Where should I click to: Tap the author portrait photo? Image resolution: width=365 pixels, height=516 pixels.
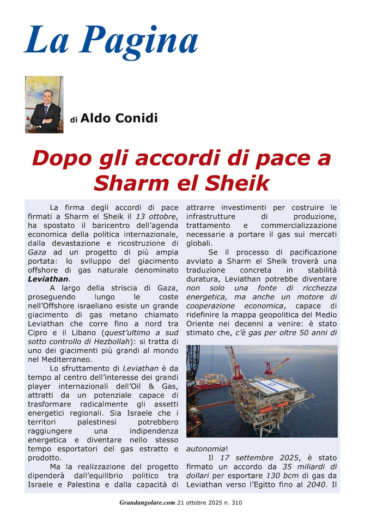pos(44,104)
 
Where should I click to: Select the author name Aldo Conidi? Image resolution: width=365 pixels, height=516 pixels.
pos(119,118)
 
